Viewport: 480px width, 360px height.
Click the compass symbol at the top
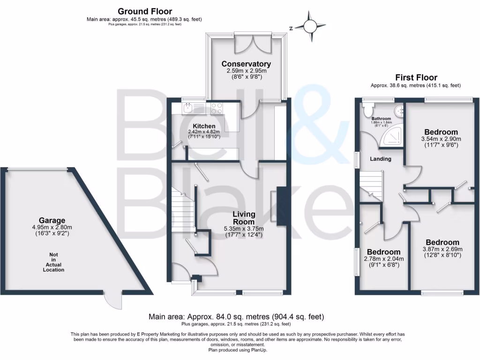310,27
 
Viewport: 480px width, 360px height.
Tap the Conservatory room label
246,64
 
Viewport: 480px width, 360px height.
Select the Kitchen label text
204,126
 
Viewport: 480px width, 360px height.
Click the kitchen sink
190,108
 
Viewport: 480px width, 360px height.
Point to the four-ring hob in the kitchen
217,108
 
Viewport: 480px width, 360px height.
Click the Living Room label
244,218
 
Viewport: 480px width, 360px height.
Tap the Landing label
380,159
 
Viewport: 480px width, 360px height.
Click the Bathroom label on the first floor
381,119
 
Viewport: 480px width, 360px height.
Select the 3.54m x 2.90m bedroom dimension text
441,139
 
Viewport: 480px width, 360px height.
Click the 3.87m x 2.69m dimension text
442,249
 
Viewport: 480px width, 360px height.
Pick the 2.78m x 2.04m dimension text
384,259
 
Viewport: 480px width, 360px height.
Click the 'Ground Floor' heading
144,11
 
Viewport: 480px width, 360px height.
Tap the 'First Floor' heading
416,77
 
